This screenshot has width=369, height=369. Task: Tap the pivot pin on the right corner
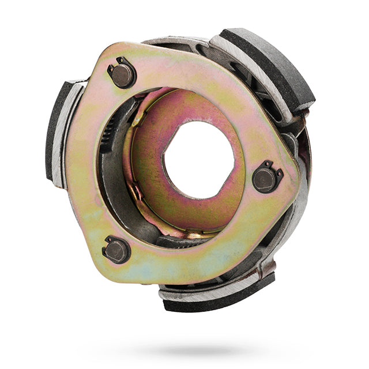tap(266, 179)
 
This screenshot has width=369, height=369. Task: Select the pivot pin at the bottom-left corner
tap(117, 250)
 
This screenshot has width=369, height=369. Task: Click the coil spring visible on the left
tap(107, 135)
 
